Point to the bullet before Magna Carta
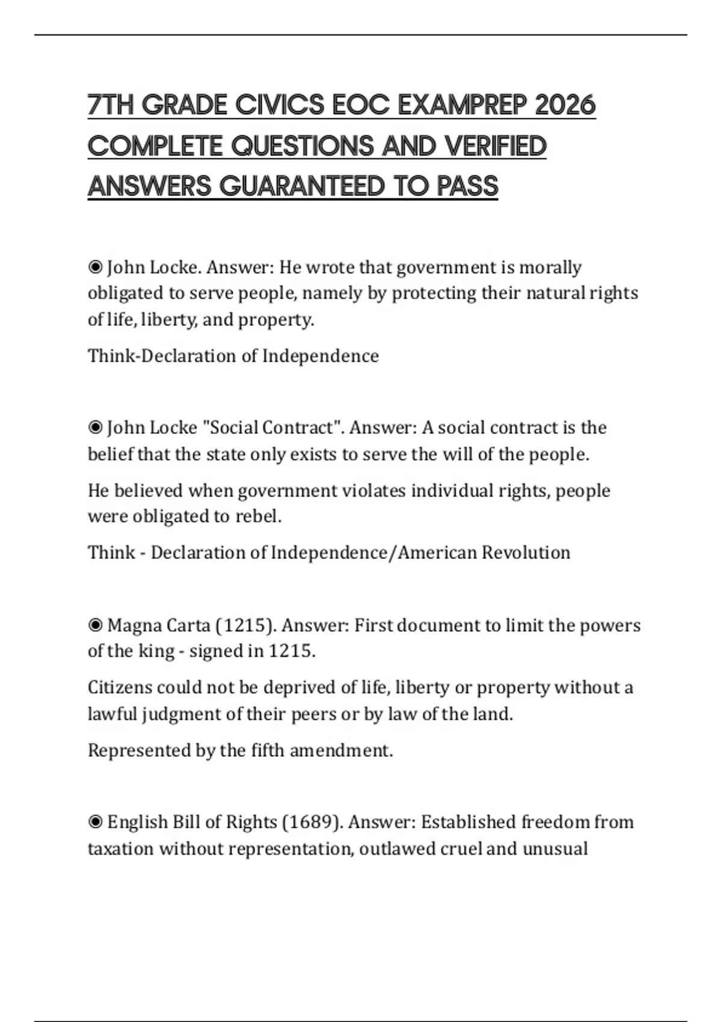click(x=95, y=625)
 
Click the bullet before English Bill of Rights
click(x=95, y=822)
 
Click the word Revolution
click(x=526, y=552)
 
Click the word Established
click(x=468, y=822)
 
